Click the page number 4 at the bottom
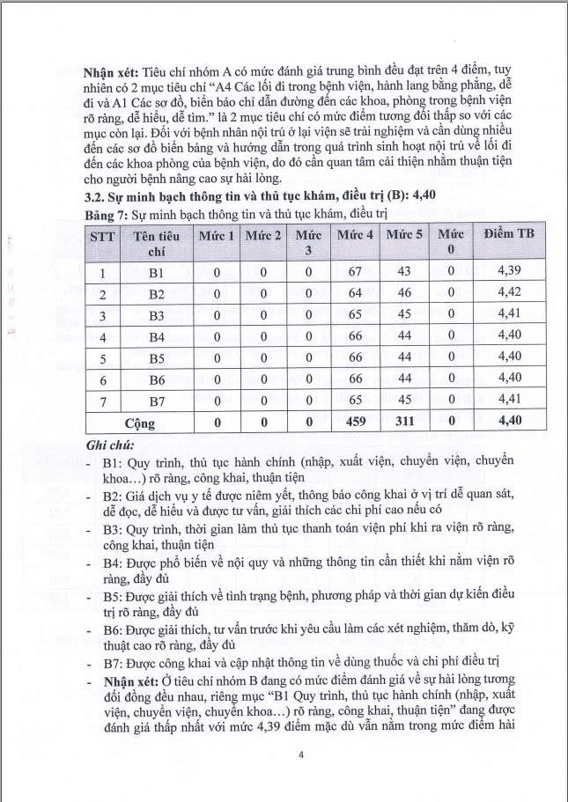(x=301, y=754)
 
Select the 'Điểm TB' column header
(x=510, y=235)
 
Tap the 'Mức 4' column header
(x=356, y=235)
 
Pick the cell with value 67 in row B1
(x=356, y=271)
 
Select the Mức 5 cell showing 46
(x=404, y=293)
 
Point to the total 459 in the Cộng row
(x=356, y=421)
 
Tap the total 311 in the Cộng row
(x=404, y=421)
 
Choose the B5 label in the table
(x=157, y=357)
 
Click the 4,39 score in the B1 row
(x=510, y=271)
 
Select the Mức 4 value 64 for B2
(x=356, y=293)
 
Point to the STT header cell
(x=103, y=237)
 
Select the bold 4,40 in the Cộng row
(x=510, y=421)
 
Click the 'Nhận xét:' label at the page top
(x=113, y=70)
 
